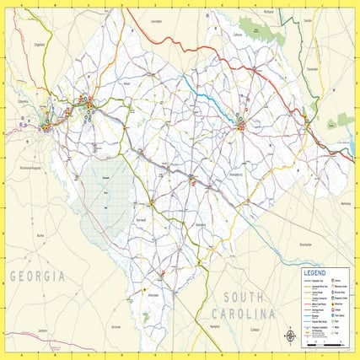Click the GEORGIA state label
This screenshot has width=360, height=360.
(37, 277)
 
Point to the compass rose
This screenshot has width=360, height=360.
(289, 335)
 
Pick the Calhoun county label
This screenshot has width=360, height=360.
(239, 35)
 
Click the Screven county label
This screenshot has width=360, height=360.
(116, 325)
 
